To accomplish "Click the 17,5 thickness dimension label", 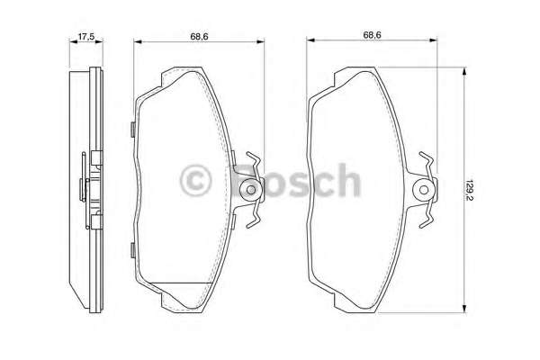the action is coord(86,36).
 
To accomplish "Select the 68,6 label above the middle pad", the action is coord(199,36).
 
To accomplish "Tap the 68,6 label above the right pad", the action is coord(372,35).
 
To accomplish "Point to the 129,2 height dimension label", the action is coord(468,190).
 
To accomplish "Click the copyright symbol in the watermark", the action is coord(195,181).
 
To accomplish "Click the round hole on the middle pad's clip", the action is coord(251,190).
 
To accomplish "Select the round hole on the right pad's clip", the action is coord(424,190).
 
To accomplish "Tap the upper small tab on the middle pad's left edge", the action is coord(132,130).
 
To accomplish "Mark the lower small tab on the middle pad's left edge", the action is coord(132,250).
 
